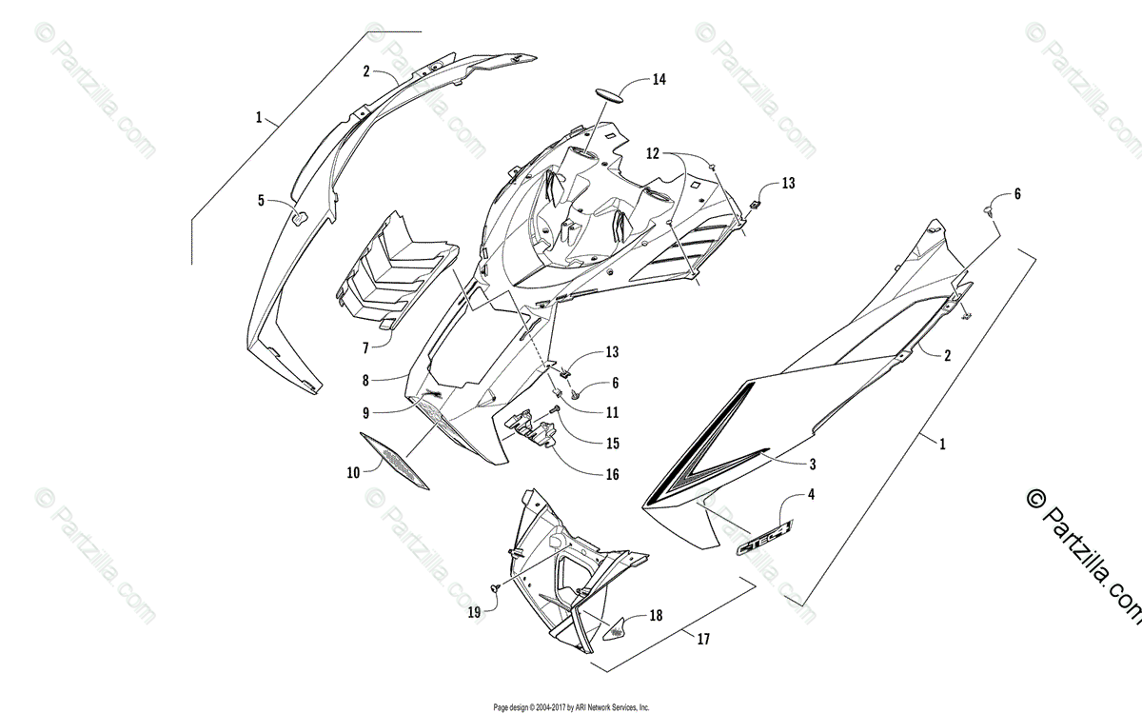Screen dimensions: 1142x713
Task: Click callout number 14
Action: [x=660, y=81]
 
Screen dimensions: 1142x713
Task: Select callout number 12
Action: [x=653, y=152]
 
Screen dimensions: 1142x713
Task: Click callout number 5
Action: [x=261, y=201]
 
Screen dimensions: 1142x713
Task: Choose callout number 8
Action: [x=364, y=380]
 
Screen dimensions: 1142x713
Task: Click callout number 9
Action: [x=365, y=412]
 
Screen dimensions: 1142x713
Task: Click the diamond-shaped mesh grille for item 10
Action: [x=395, y=463]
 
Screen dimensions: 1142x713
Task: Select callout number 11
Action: [x=612, y=413]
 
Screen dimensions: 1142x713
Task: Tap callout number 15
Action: [x=612, y=443]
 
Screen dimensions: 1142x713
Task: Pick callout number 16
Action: [x=612, y=474]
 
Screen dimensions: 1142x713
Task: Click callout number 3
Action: [x=812, y=465]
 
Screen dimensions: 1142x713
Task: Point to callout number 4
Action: [x=811, y=494]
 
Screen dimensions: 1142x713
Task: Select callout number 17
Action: [x=702, y=639]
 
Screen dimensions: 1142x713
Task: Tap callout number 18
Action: [x=656, y=616]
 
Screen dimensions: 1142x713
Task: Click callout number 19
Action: [x=475, y=613]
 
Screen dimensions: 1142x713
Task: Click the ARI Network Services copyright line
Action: [x=571, y=707]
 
